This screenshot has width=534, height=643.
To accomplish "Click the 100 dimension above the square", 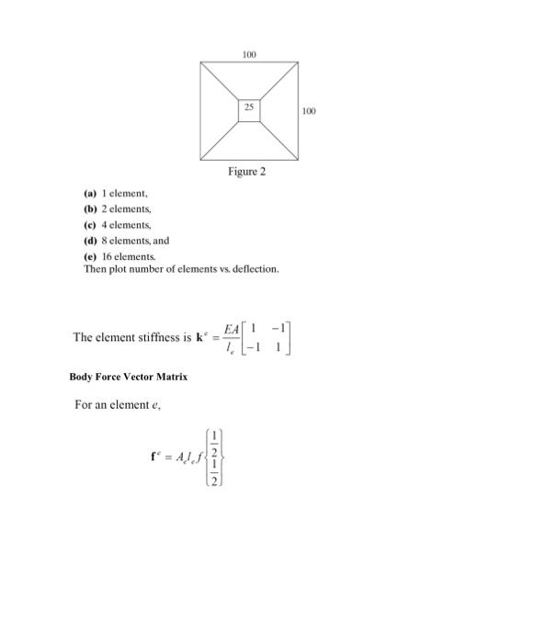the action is (248, 56).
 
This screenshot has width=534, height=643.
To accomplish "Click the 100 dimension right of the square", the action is (309, 111).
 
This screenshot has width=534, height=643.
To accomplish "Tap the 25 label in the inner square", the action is (248, 108).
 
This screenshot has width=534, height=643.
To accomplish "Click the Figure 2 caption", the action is (247, 171).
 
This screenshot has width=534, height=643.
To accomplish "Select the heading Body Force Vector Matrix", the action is (128, 377).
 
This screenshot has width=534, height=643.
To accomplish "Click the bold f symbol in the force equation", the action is (152, 457).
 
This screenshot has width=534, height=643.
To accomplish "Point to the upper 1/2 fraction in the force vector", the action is (213, 442).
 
